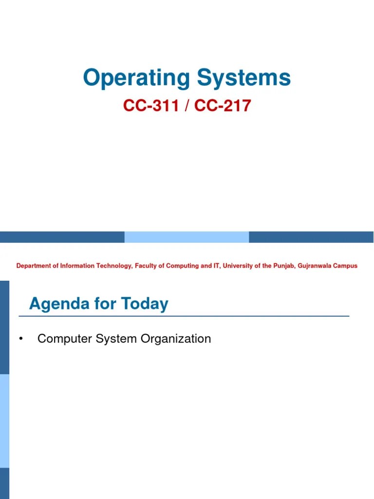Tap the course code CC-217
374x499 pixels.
click(x=223, y=106)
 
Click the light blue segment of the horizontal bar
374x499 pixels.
click(x=187, y=237)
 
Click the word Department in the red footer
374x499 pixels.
click(x=34, y=266)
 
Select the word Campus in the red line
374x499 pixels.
click(x=346, y=266)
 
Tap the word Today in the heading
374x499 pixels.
click(x=145, y=305)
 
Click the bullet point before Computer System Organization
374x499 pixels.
click(x=21, y=339)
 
